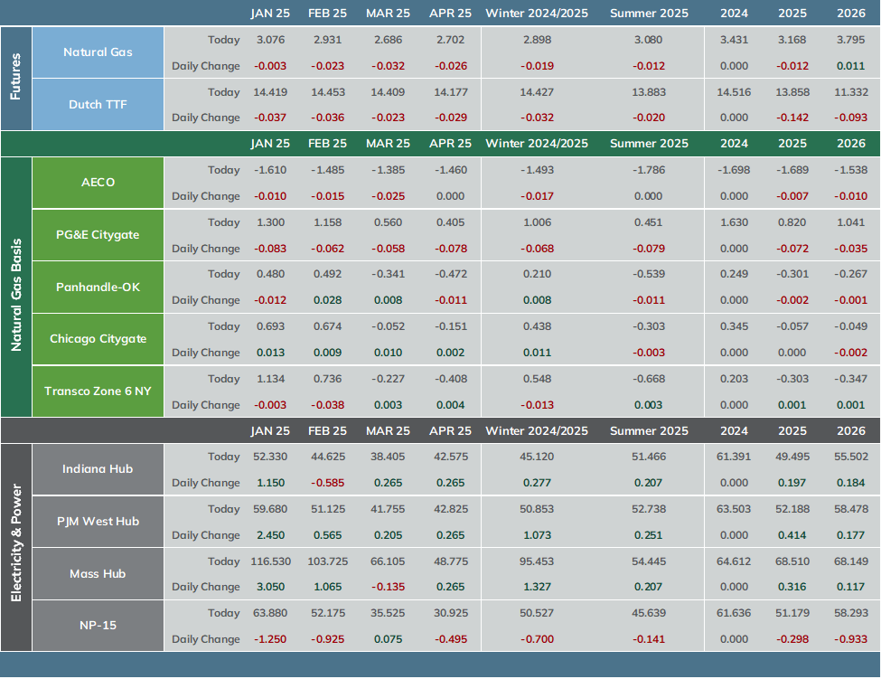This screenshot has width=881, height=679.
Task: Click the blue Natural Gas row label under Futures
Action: click(x=98, y=52)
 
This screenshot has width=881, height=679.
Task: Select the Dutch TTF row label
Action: click(x=98, y=105)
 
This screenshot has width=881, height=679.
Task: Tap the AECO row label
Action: click(x=98, y=182)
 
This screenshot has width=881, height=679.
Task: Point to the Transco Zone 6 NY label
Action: click(x=98, y=391)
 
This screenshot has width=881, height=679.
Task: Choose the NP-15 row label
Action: click(x=98, y=625)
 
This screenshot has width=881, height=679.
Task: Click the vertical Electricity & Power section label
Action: click(x=15, y=543)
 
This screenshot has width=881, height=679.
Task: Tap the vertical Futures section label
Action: click(x=15, y=77)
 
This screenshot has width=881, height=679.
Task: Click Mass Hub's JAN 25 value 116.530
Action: click(x=271, y=561)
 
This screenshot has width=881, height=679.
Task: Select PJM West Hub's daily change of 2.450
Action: click(x=271, y=535)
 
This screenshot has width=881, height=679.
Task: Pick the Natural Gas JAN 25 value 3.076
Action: click(x=271, y=40)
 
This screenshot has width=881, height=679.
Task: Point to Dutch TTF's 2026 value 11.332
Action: click(x=851, y=92)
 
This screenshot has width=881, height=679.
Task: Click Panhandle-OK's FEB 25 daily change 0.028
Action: click(x=328, y=300)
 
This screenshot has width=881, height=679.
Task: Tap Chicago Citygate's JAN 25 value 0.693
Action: click(x=271, y=326)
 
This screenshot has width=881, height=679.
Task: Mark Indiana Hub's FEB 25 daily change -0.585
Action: click(x=328, y=483)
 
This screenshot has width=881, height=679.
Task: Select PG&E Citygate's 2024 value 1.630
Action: click(x=735, y=222)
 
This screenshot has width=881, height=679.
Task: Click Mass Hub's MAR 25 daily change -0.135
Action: click(x=388, y=587)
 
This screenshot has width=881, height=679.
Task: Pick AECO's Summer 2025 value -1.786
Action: click(x=649, y=170)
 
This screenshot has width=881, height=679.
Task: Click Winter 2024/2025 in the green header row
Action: click(x=537, y=144)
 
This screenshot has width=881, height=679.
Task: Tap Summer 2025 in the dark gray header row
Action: click(x=649, y=431)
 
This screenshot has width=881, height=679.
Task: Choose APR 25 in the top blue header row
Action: click(x=451, y=14)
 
